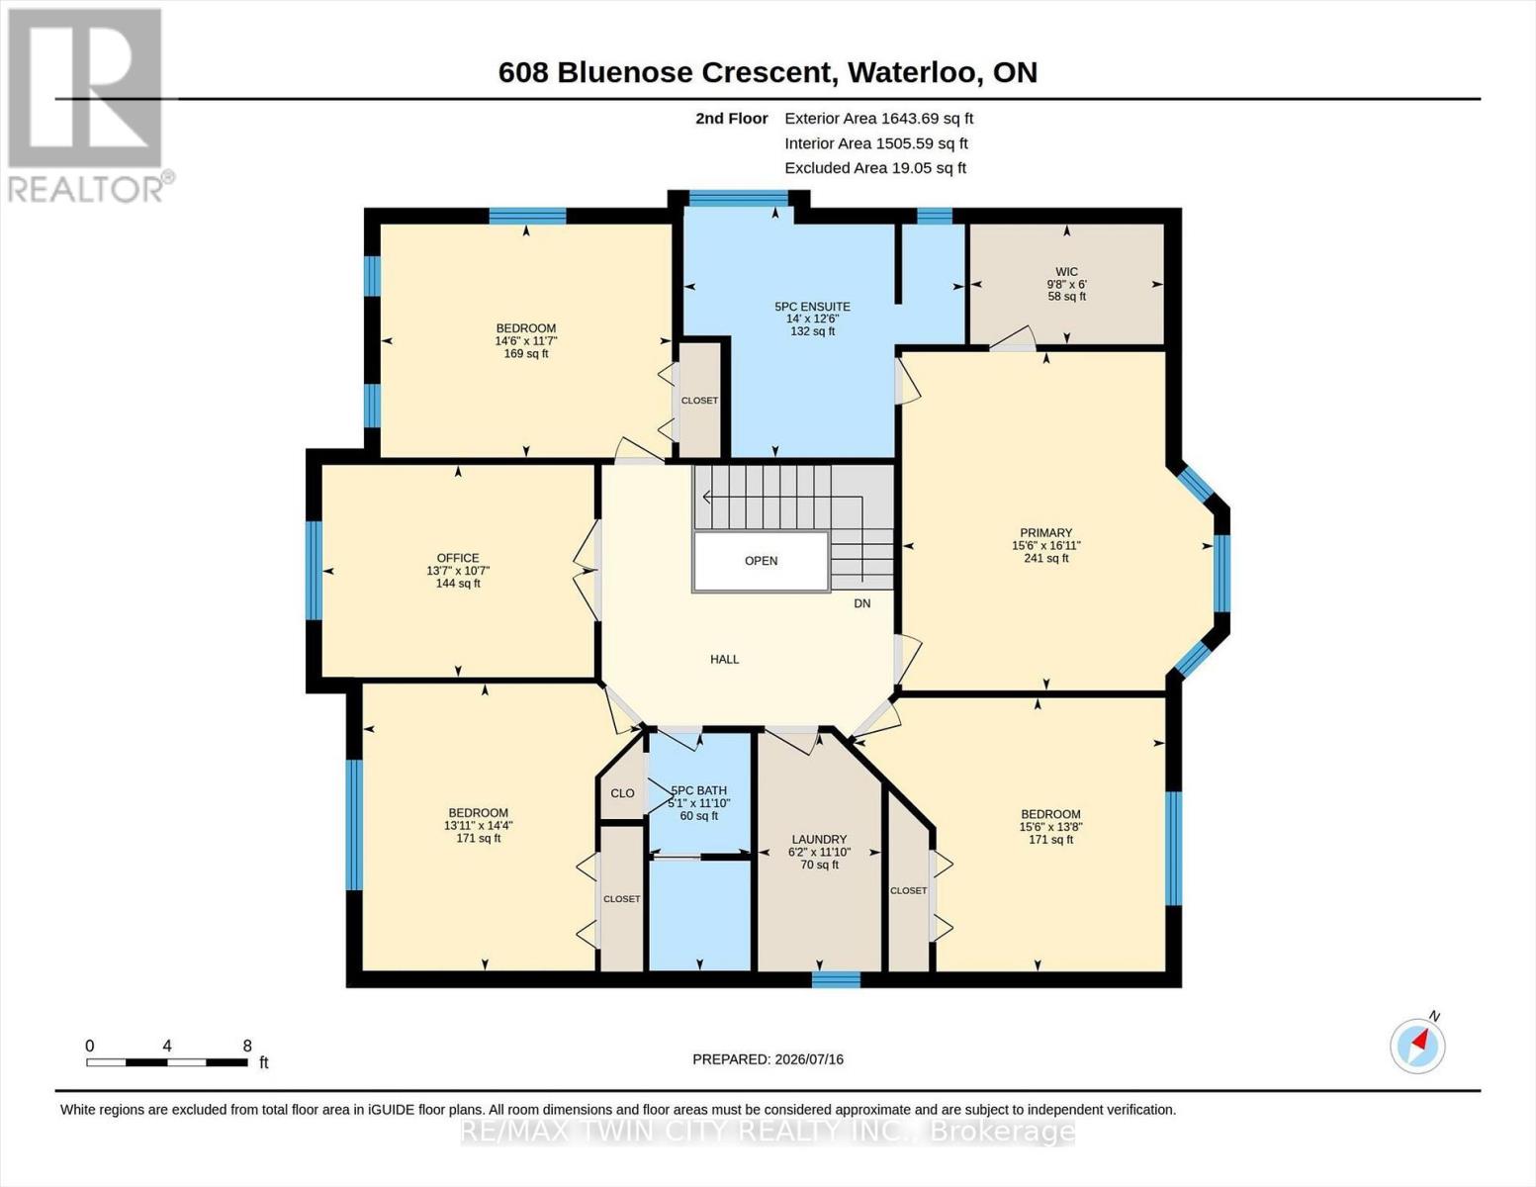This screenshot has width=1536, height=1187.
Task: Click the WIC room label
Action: [x=1066, y=271]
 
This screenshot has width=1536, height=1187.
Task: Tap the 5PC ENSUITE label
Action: [x=812, y=307]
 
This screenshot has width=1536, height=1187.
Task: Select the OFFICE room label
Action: [x=457, y=558]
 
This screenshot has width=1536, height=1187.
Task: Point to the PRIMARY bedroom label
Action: [x=1045, y=533]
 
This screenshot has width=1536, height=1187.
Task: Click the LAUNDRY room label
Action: [x=819, y=839]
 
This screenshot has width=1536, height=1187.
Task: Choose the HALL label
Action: [x=725, y=660]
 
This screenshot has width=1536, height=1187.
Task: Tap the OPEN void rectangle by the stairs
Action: [x=761, y=561]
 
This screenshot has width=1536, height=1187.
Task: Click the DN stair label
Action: [x=862, y=603]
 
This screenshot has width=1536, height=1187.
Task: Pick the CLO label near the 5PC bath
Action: [x=622, y=793]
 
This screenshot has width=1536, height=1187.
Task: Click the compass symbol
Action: [x=1417, y=1047]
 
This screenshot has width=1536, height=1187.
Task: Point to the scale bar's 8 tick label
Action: [x=247, y=1047]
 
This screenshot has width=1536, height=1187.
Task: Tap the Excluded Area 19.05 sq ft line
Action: [x=875, y=168]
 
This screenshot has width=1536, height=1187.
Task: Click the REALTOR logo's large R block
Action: [x=85, y=88]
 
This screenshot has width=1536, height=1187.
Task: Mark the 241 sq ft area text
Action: [x=1046, y=559]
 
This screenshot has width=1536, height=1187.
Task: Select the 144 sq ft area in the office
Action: [x=457, y=584]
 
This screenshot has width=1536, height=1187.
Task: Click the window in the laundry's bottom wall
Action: [x=836, y=980]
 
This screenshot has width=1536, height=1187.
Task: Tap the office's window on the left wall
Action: [x=314, y=570]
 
